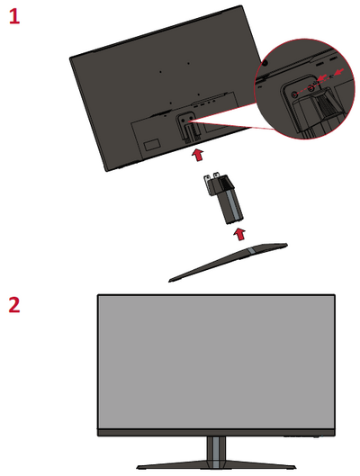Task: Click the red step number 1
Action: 14,16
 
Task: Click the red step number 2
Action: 14,304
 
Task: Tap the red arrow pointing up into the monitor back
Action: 198,155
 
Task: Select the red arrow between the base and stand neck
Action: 239,234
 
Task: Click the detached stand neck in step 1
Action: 223,198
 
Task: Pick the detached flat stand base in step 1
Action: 229,262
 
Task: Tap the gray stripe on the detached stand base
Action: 252,251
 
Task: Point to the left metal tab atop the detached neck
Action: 207,183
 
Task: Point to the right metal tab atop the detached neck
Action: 216,175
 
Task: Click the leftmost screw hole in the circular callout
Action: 293,94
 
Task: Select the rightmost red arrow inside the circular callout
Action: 340,72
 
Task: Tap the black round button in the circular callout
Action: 265,63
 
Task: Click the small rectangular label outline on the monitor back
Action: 151,144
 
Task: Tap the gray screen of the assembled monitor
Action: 216,362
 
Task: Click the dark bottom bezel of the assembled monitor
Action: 216,432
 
